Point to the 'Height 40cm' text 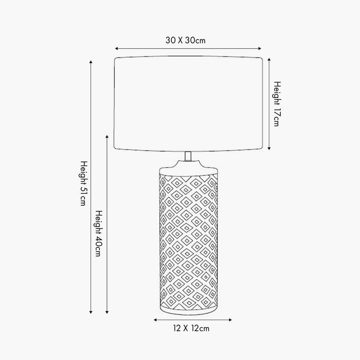tap(98, 235)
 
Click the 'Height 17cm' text tap(277, 103)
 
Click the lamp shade tap(189, 103)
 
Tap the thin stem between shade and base tap(189, 156)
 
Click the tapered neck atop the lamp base tap(189, 167)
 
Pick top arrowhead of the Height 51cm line tap(91, 63)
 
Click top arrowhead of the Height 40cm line tap(107, 137)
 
